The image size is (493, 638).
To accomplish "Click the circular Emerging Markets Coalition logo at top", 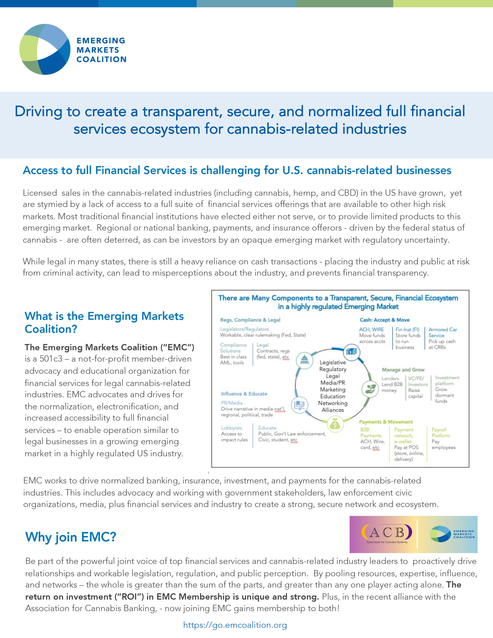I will [x=45, y=49].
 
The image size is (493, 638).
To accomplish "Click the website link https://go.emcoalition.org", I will [x=235, y=625].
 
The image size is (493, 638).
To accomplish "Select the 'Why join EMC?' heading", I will [x=71, y=537].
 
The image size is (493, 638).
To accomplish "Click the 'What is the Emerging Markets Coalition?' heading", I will [x=104, y=322].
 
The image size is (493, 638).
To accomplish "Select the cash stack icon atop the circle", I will [x=351, y=352].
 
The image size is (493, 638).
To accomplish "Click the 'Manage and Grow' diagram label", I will [x=403, y=370].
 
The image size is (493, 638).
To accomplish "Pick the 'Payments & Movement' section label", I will [x=386, y=422].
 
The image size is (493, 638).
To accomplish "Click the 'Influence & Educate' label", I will [x=244, y=394].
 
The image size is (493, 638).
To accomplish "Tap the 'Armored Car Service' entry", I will [x=442, y=332].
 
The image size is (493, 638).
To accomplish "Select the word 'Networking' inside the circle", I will [x=332, y=403].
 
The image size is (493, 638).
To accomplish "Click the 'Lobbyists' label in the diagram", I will [x=232, y=428].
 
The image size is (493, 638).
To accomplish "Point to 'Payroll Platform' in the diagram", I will [x=441, y=433].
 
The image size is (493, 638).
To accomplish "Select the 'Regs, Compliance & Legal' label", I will [x=250, y=320].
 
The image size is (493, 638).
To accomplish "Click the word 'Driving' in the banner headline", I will [x=38, y=112].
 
